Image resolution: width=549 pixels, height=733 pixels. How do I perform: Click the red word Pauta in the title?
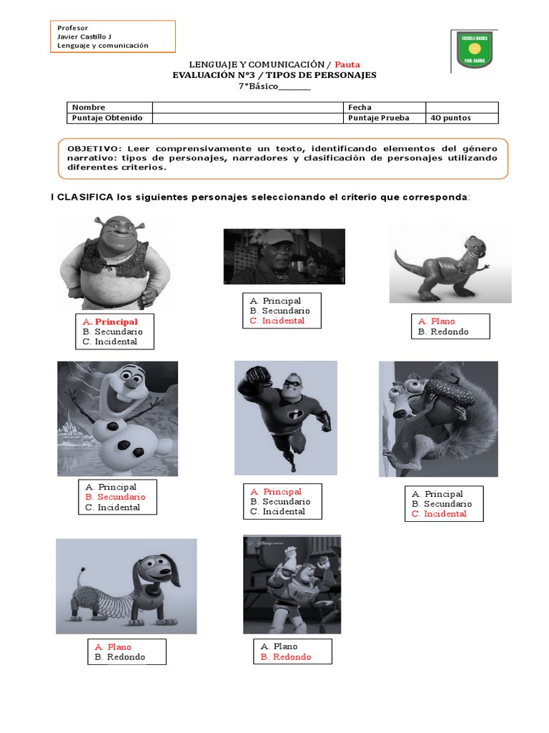pyautogui.click(x=346, y=64)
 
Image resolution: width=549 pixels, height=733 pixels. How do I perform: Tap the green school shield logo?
pyautogui.click(x=473, y=51)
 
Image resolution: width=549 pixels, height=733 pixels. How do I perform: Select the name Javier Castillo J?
pyautogui.click(x=85, y=36)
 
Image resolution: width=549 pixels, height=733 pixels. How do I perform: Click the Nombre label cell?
pyautogui.click(x=89, y=107)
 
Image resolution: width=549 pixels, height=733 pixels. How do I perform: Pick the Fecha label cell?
pyautogui.click(x=360, y=107)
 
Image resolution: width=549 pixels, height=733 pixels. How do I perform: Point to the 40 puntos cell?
pyautogui.click(x=451, y=118)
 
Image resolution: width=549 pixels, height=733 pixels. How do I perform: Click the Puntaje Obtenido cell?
pyautogui.click(x=107, y=118)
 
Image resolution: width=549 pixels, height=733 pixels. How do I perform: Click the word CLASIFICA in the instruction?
pyautogui.click(x=86, y=197)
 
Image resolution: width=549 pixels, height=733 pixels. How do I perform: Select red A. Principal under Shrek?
pyautogui.click(x=110, y=322)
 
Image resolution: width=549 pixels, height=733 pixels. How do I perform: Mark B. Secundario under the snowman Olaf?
pyautogui.click(x=115, y=497)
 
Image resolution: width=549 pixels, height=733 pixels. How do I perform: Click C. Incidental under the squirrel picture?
pyautogui.click(x=439, y=513)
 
